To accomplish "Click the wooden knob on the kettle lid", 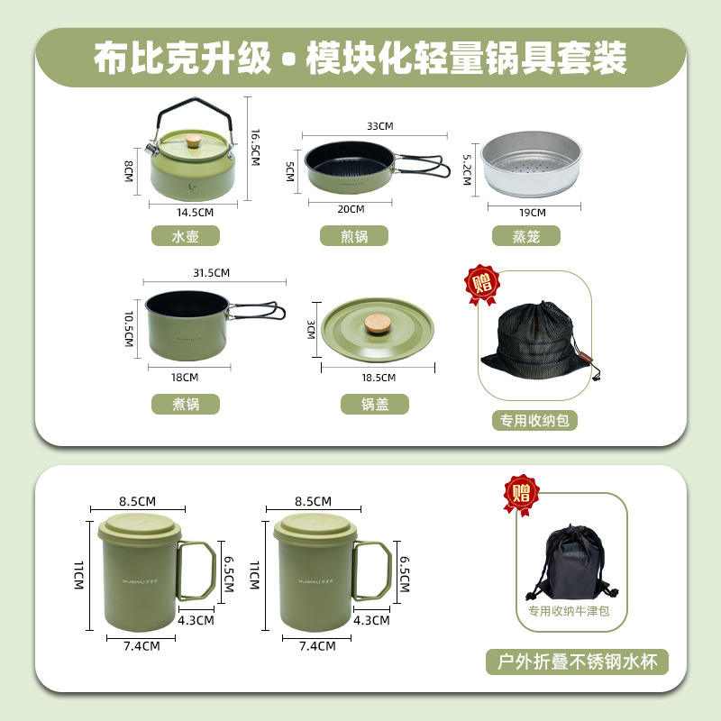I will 194,141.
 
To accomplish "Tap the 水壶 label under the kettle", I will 186,236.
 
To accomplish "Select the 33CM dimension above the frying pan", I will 379,125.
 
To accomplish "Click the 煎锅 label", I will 354,236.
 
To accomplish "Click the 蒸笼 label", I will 526,236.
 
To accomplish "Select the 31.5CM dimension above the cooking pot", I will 211,272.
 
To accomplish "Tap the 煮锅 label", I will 186,405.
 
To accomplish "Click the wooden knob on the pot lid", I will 377,323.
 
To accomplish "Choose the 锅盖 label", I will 375,405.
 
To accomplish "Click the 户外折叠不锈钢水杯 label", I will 578,662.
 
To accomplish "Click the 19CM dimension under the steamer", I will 533,213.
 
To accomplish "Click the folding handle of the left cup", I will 196,571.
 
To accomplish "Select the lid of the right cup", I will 313,525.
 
